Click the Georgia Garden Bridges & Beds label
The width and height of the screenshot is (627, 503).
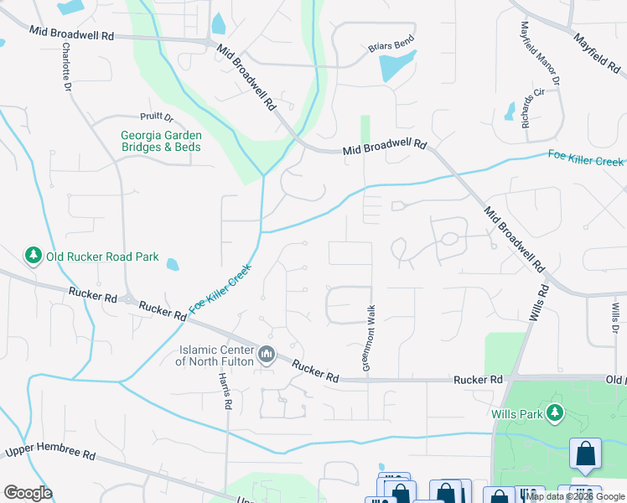click(x=161, y=141)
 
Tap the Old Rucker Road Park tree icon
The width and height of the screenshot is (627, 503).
click(x=34, y=256)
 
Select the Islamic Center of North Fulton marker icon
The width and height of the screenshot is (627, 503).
click(x=267, y=355)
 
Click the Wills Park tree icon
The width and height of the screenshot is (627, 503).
click(x=553, y=412)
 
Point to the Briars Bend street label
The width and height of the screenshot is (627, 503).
click(x=391, y=47)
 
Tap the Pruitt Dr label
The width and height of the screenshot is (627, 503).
click(x=157, y=117)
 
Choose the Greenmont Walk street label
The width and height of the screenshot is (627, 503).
click(x=367, y=338)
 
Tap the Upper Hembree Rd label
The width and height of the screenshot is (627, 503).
click(x=49, y=453)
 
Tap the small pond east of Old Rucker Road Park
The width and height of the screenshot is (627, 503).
click(x=173, y=265)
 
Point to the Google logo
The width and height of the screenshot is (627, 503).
click(x=28, y=493)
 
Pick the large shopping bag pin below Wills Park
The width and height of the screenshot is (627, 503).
click(x=585, y=454)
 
